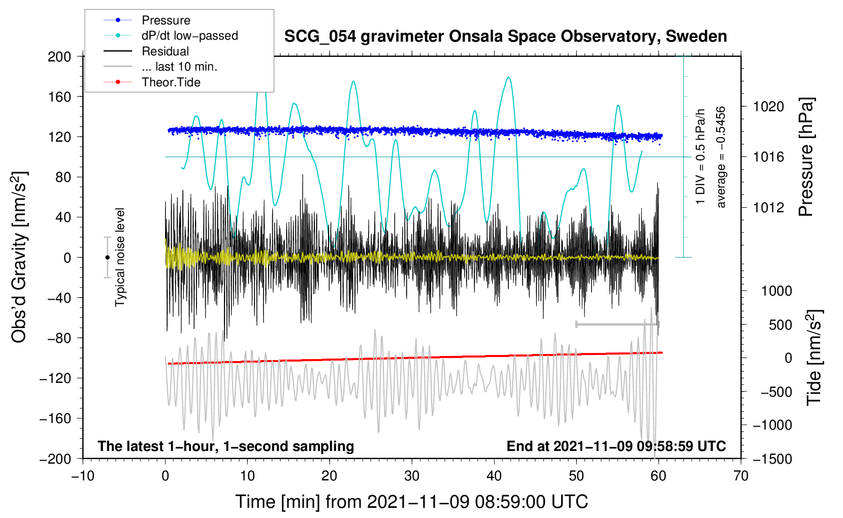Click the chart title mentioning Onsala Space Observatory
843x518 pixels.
click(505, 37)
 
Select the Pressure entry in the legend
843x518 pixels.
click(166, 20)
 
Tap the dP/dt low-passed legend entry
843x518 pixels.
click(189, 36)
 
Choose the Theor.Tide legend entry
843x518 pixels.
click(171, 82)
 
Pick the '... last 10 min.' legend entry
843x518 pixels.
click(179, 67)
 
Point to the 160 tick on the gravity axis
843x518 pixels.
click(59, 96)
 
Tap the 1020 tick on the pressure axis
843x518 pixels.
click(768, 107)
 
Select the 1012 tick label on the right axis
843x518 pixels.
click(768, 207)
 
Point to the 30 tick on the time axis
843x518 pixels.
click(412, 476)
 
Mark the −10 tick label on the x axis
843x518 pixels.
click(83, 476)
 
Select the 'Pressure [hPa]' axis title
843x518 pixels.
click(806, 157)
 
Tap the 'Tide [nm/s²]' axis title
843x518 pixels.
click(814, 358)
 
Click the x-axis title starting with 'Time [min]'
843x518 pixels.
click(411, 502)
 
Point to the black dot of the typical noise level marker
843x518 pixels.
click(107, 257)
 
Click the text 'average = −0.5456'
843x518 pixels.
click(721, 157)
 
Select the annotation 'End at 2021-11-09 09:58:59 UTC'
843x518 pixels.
click(616, 446)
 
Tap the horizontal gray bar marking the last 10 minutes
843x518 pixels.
click(617, 324)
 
